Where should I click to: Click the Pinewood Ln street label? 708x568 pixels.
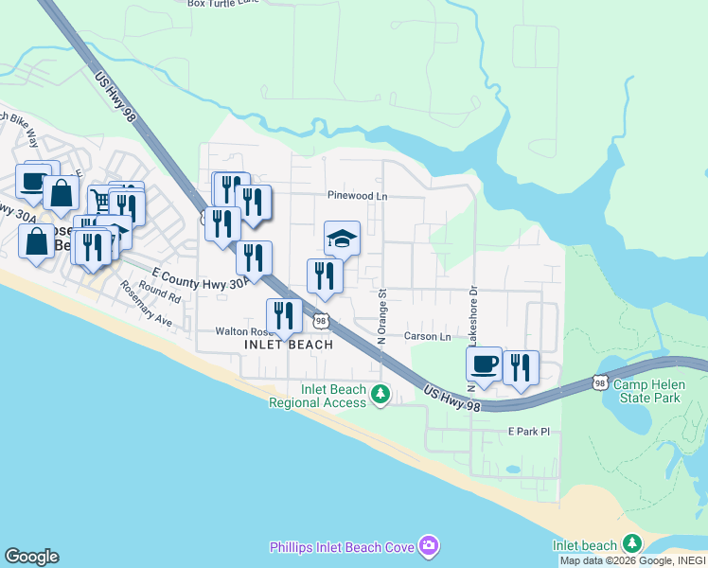(358, 196)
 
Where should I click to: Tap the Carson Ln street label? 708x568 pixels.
(428, 336)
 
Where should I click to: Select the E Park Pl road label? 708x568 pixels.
(528, 432)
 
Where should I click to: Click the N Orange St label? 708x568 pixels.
(382, 316)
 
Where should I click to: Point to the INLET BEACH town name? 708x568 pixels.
(289, 345)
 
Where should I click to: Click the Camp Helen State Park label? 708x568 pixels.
(646, 391)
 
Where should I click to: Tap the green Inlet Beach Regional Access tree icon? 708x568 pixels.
(381, 393)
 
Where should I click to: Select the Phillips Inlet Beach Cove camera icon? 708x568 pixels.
(430, 546)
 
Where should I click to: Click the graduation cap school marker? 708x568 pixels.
(342, 238)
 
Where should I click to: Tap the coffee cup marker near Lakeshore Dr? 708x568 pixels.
(485, 364)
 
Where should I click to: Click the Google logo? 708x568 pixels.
(31, 557)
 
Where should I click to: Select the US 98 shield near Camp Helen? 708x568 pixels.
(598, 382)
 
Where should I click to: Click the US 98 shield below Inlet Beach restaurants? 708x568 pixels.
(322, 322)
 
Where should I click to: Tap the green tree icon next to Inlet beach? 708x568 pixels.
(632, 544)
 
